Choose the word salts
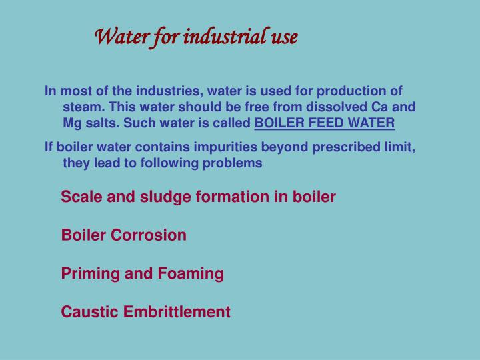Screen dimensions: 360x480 [x=99, y=123]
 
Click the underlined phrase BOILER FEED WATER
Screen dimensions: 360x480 [x=325, y=123]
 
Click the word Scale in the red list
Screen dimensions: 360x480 [x=79, y=197]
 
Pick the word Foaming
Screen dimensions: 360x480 [x=191, y=273]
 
